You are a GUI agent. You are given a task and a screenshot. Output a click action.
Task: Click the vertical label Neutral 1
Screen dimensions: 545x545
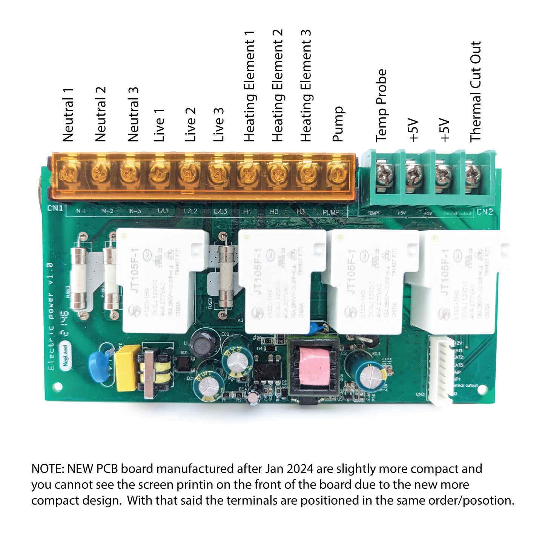[x=68, y=115]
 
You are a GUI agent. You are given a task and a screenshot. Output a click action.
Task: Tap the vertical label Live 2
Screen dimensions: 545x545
[x=190, y=124]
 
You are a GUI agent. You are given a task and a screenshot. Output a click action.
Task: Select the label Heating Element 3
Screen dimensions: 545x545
[x=306, y=86]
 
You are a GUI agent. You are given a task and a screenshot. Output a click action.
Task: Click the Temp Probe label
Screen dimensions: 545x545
[x=381, y=106]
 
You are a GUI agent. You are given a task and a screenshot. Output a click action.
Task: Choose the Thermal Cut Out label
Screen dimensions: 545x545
[x=476, y=92]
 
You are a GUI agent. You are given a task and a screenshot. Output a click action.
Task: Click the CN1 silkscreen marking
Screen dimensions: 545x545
[x=55, y=208]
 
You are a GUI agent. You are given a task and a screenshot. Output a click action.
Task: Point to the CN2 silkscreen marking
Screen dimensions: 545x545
[x=485, y=212]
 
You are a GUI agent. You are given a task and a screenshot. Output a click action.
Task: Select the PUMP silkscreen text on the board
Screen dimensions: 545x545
[x=331, y=212]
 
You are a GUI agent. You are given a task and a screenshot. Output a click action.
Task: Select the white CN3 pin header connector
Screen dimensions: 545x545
[x=441, y=370]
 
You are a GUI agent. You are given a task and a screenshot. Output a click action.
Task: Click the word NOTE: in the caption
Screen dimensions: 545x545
[x=48, y=468]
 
